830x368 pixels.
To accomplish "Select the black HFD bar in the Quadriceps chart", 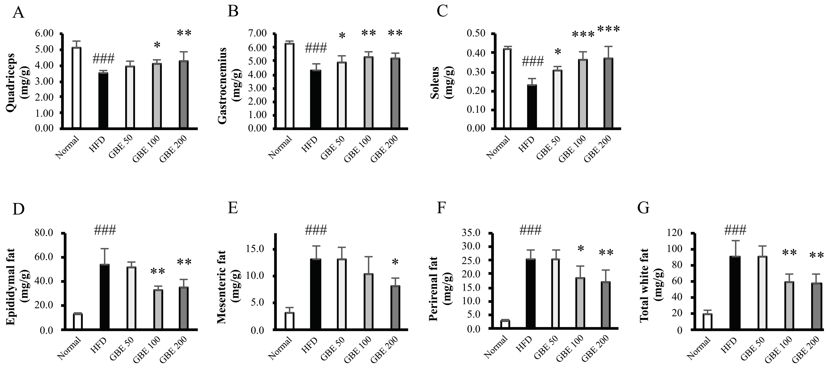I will pyautogui.click(x=103, y=101).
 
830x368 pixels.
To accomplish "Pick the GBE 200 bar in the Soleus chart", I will pyautogui.click(x=608, y=93).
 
